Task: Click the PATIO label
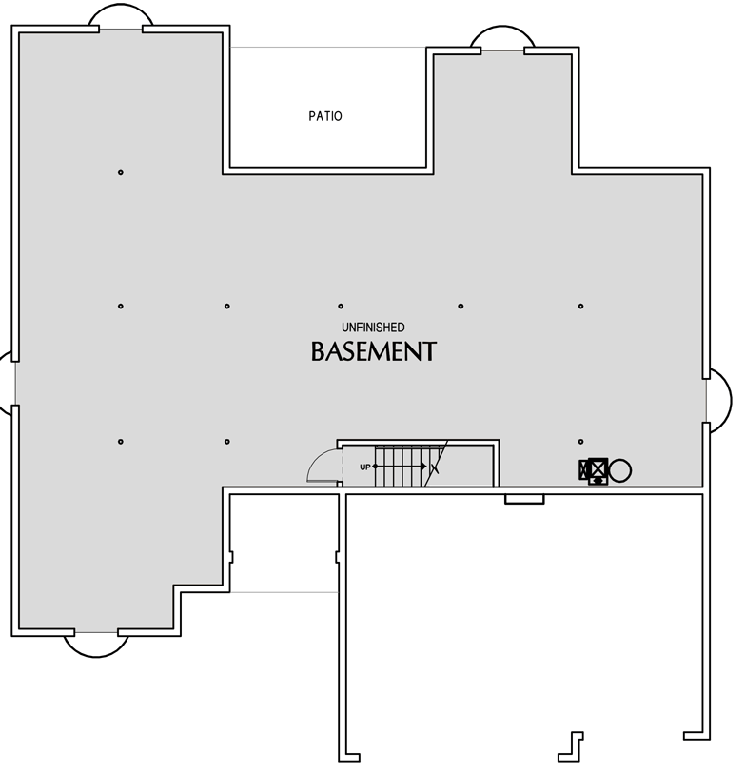325,116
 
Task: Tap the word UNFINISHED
373,328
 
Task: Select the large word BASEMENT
374,351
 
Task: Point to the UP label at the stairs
365,467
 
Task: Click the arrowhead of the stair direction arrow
423,467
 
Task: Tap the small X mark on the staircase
435,467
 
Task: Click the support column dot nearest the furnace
580,442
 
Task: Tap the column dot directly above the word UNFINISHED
341,307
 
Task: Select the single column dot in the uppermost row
121,172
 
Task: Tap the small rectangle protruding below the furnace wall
524,500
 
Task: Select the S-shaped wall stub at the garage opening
571,746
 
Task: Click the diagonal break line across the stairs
436,463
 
